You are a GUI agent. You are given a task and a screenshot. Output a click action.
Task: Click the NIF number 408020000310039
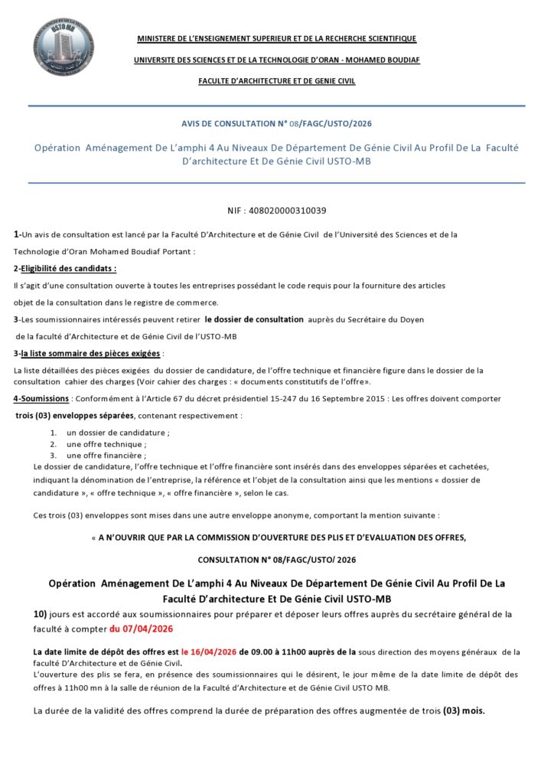(x=276, y=210)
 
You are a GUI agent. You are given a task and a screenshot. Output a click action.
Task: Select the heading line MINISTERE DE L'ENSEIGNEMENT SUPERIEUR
(x=276, y=39)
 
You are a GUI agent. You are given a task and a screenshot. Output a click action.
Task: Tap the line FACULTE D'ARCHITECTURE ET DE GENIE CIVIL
(x=276, y=81)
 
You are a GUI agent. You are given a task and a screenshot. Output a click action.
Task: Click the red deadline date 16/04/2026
(x=213, y=652)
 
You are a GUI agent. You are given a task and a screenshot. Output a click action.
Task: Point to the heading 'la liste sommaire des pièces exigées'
(x=90, y=354)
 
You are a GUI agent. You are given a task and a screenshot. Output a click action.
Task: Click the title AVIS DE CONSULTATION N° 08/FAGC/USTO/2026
(x=276, y=123)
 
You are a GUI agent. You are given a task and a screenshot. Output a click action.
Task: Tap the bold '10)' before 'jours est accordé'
(x=41, y=614)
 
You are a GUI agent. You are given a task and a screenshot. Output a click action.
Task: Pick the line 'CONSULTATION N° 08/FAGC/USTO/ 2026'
(x=276, y=560)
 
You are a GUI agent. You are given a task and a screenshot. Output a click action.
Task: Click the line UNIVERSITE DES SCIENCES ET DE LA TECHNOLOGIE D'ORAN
(x=276, y=60)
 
